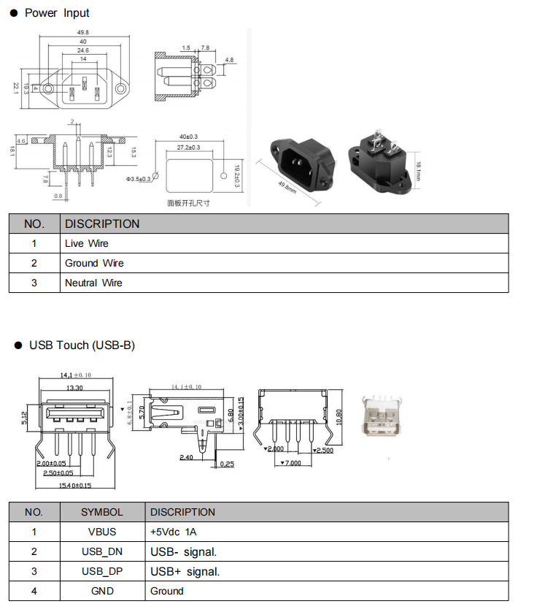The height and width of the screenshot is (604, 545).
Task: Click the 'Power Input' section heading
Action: [x=57, y=13]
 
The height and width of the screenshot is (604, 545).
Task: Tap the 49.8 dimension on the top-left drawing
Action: [x=82, y=33]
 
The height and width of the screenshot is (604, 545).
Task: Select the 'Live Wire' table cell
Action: [x=86, y=243]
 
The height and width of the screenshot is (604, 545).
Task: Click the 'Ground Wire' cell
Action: [x=94, y=263]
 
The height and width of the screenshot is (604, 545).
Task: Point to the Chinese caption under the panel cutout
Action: [x=188, y=203]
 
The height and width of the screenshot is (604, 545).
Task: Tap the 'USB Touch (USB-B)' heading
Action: [x=82, y=345]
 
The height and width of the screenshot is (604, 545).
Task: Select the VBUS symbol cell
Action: [x=102, y=532]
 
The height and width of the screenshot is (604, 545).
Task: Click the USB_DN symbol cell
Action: [x=102, y=551]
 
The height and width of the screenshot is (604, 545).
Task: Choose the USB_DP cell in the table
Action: [x=102, y=571]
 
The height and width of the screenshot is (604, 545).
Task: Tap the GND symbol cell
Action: [x=102, y=591]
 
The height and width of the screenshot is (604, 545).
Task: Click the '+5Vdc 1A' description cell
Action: [x=173, y=532]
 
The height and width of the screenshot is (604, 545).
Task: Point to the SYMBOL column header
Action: [x=102, y=512]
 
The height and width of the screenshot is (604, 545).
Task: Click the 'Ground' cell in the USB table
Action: [x=167, y=591]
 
